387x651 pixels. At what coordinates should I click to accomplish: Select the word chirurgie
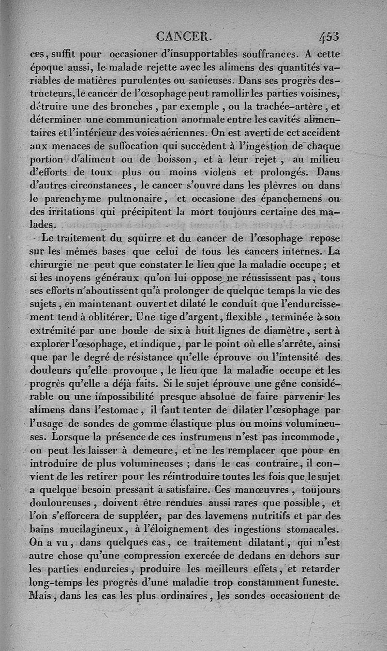pos(53,265)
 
